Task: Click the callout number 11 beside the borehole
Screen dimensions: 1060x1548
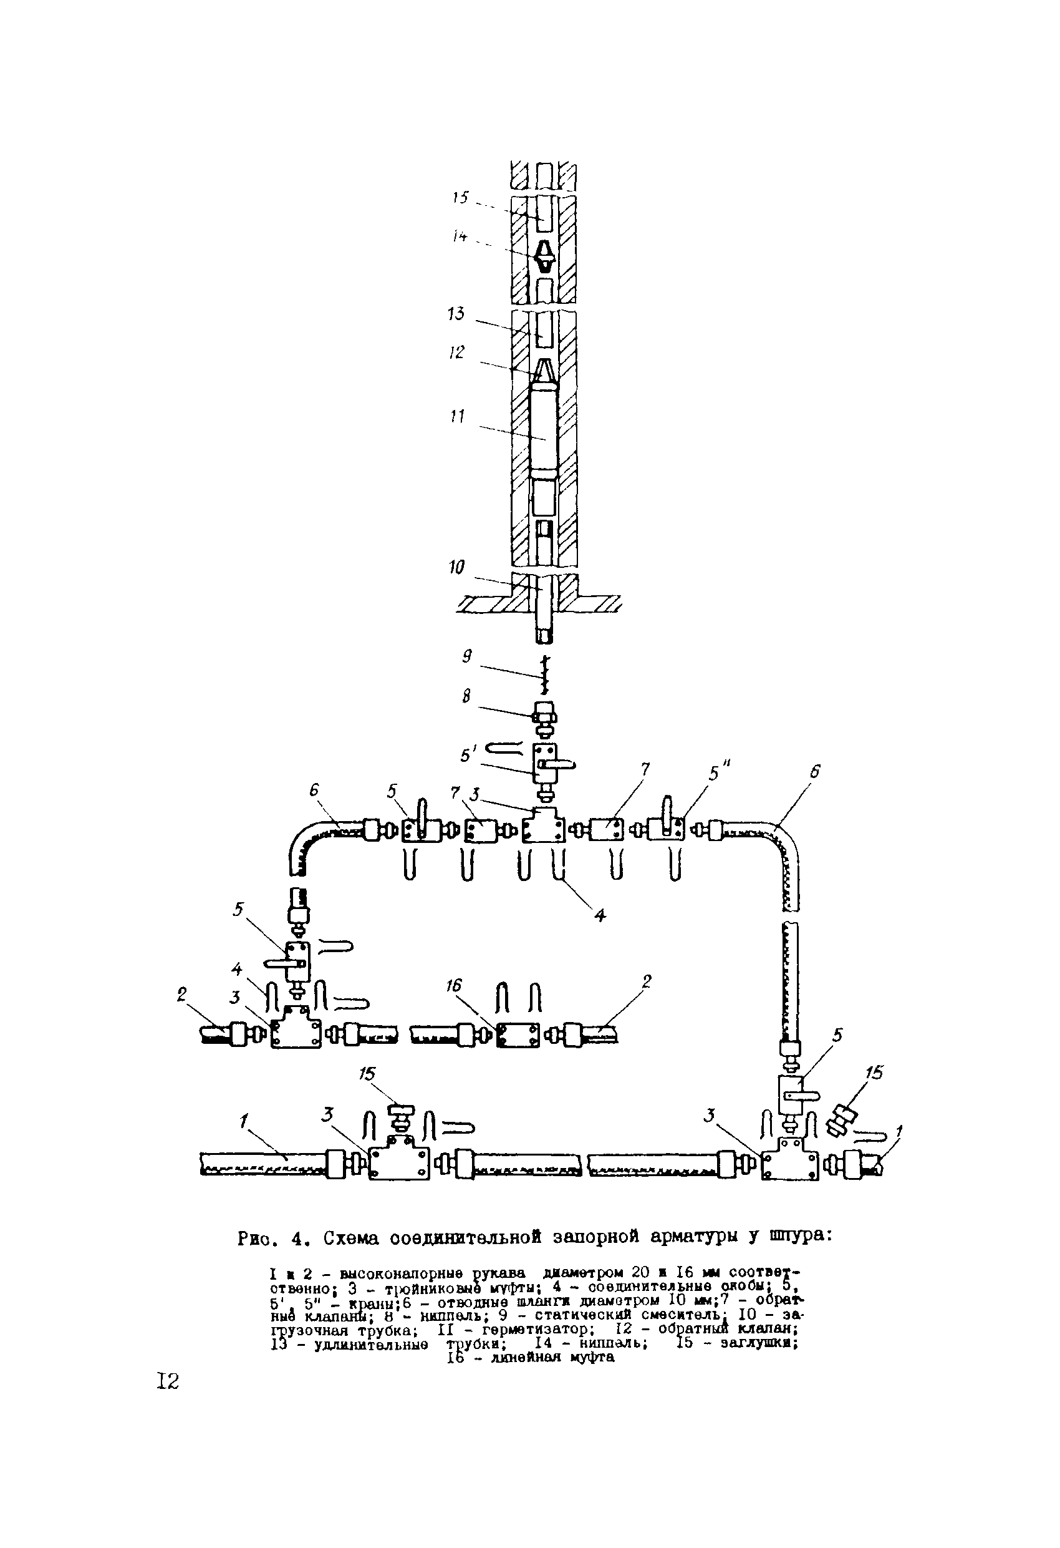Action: click(x=457, y=417)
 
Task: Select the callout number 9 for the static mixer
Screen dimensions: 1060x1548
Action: click(x=467, y=657)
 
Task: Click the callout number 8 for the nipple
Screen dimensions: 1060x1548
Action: click(x=466, y=696)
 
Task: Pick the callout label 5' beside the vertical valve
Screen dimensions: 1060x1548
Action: click(x=470, y=756)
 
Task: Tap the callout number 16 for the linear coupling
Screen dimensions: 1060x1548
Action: click(x=454, y=986)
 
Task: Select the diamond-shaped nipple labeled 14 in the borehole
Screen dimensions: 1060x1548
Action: click(x=544, y=256)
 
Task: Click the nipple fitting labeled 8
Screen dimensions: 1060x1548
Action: click(x=544, y=718)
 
